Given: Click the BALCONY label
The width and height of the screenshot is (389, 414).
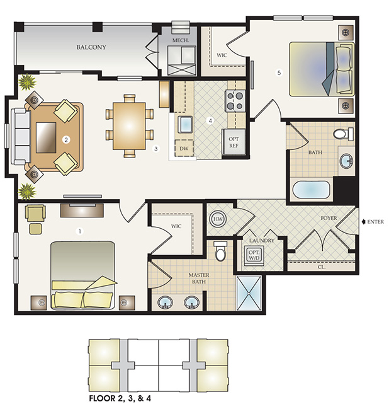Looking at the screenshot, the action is click(91, 47).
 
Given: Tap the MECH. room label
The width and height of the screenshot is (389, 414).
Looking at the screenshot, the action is click(181, 40).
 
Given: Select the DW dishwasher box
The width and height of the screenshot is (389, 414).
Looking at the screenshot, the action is click(184, 149).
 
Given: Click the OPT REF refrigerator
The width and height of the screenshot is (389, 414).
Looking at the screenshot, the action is click(234, 142).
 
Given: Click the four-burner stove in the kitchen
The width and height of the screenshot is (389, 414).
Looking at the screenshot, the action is click(235, 100).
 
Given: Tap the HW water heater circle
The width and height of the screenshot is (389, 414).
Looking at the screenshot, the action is click(218, 219).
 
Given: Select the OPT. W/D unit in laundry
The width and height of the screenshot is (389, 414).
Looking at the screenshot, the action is click(254, 255).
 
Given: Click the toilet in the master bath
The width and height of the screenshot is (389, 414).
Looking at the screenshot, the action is click(220, 251).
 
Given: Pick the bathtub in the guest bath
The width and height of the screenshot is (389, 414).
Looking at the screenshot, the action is click(311, 190).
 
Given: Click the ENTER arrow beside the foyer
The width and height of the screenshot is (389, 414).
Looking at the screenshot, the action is click(364, 222).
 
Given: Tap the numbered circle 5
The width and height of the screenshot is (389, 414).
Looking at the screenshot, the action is click(279, 72).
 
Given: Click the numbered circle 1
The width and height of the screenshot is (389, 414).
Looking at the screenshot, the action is click(79, 231).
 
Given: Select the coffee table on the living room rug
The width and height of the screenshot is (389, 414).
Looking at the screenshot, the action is click(46, 137).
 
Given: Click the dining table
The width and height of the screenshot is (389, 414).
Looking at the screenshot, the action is click(129, 126).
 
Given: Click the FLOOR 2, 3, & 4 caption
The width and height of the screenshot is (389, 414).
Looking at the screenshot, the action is click(120, 398).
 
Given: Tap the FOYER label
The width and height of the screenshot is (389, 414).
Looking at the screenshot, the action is click(329, 218).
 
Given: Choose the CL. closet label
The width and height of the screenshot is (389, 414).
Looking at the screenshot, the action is click(322, 267).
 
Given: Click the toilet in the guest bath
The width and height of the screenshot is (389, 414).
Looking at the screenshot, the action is click(344, 134).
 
